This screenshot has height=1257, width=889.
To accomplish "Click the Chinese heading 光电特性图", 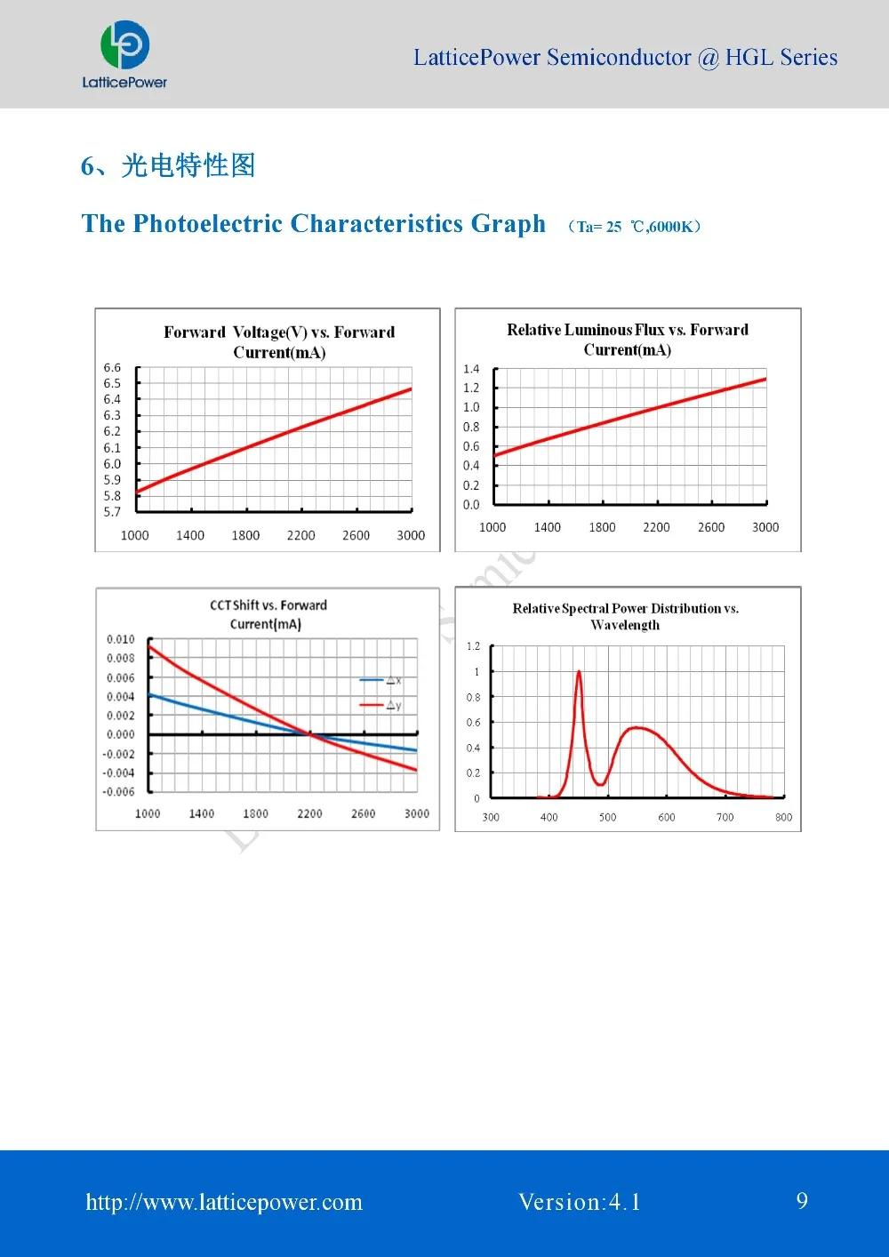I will (188, 165).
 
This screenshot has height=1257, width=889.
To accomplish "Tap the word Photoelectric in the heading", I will (209, 223).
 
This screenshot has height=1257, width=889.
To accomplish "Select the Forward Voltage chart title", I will (279, 342).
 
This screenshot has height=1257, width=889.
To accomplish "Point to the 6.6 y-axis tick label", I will (112, 367).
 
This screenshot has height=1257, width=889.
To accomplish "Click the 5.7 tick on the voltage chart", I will (112, 512).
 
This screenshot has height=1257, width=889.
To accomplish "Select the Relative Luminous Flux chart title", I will (628, 340).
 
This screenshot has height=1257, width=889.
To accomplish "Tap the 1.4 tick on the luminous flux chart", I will (471, 369).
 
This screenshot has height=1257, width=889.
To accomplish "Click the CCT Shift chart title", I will (268, 614).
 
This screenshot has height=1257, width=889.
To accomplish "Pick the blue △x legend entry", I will (380, 681).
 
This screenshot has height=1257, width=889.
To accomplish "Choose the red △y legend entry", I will (380, 706).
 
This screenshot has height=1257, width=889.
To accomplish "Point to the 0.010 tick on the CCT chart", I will (121, 639).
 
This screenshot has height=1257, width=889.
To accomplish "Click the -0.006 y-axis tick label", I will (119, 792).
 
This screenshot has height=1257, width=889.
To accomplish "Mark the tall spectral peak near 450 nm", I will (579, 673).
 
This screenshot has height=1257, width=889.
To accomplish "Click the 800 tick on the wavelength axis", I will (783, 817).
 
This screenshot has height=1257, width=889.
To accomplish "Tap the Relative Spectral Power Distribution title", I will (626, 616).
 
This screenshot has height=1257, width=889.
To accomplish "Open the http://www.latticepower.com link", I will (224, 1202).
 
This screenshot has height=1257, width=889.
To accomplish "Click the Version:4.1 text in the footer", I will (579, 1202).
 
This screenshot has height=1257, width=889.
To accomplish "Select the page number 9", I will (802, 1201).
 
